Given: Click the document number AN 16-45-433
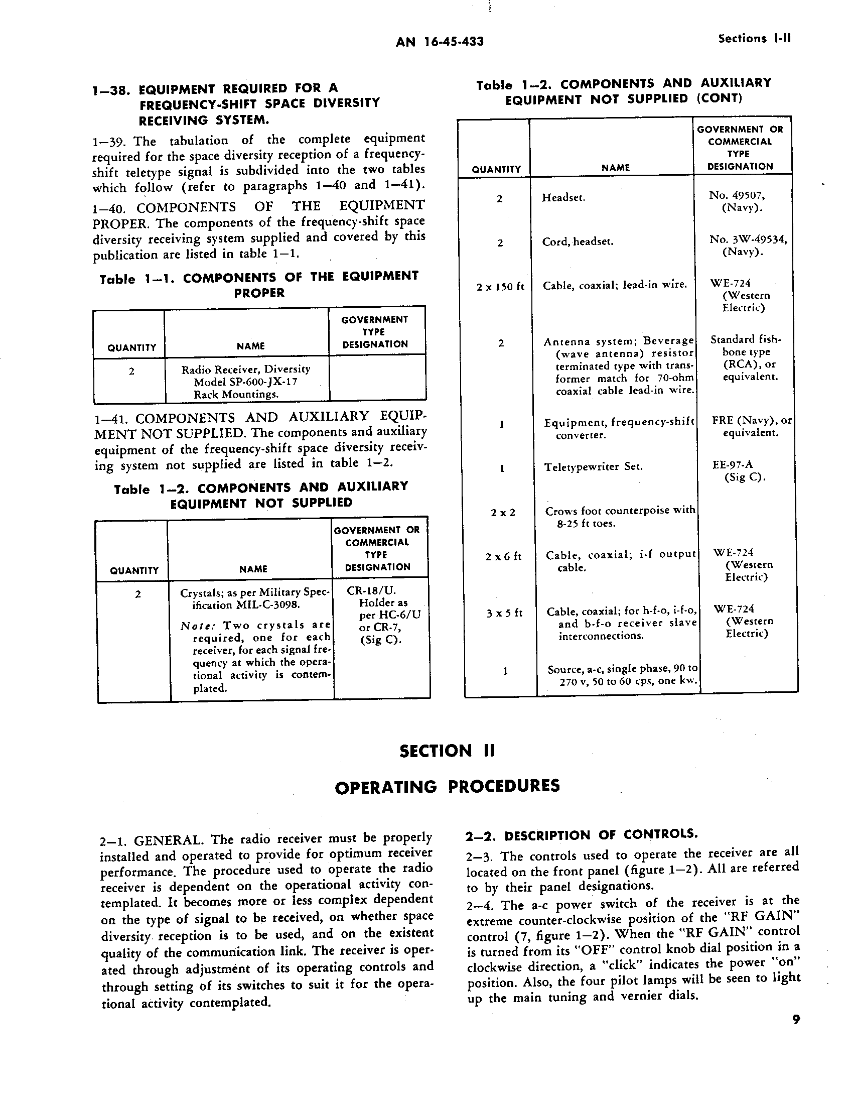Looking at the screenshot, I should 440,42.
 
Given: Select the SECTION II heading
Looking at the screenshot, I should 447,751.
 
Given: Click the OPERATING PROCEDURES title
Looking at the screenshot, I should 447,786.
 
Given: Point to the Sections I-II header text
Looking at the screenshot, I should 754,39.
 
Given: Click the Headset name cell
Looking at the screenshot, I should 563,198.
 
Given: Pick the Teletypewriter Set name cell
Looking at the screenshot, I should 593,467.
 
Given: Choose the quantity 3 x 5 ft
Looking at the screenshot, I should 504,613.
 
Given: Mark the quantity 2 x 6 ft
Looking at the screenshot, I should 503,557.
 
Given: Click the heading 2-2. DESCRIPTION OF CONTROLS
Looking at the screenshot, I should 581,835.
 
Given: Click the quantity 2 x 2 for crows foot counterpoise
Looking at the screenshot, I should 503,513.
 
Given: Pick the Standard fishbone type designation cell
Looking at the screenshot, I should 745,358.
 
